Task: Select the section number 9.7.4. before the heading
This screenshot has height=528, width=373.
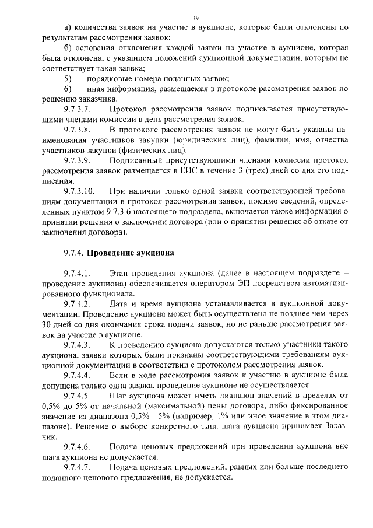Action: (74, 253)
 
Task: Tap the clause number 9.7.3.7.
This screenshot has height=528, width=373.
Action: (78, 109)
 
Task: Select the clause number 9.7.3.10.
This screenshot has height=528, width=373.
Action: (79, 192)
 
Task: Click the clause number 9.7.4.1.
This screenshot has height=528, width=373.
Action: (78, 274)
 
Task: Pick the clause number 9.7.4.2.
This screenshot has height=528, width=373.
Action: (78, 305)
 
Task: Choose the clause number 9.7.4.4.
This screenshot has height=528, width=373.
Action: (78, 376)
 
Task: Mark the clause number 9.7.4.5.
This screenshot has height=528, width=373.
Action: (78, 397)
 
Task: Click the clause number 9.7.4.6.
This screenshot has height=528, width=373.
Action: (78, 449)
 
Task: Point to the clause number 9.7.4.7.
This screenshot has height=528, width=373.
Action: (78, 468)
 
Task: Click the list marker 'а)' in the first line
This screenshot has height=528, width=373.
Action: (68, 27)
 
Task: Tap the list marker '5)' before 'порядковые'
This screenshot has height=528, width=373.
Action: (68, 78)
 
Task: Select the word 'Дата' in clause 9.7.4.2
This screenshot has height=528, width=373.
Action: (119, 305)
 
